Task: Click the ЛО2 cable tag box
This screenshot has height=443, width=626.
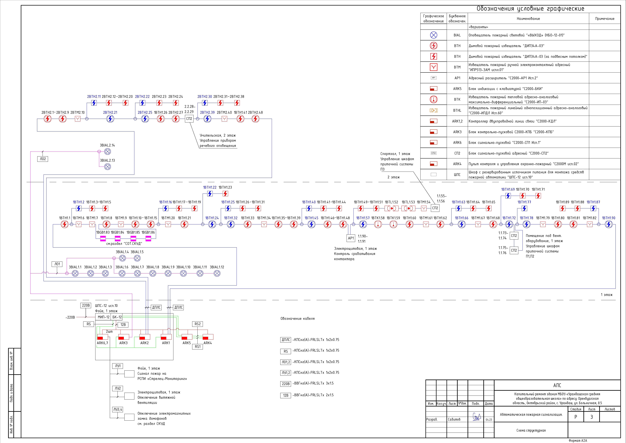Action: pos(43,159)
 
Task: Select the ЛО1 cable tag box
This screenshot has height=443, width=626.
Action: pos(57,264)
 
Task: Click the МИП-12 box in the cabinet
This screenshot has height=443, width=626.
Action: pos(104,317)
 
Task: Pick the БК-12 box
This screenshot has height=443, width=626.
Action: pos(117,317)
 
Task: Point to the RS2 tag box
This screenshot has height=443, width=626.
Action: pos(198,324)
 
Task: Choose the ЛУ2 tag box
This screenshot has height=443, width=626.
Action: pos(118,388)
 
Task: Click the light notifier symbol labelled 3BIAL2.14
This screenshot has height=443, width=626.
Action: pos(108,151)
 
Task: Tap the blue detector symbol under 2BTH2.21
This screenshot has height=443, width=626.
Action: pos(110,119)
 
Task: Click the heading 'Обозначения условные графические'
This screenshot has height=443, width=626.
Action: pos(530,9)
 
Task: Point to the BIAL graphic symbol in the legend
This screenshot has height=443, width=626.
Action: pos(433,35)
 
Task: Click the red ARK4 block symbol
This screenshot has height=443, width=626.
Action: pos(208,337)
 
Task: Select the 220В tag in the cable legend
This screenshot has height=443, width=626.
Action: pos(285,384)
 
